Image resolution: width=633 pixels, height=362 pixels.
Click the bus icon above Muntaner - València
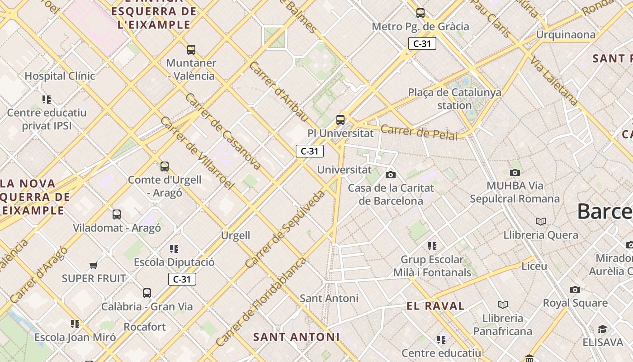point(191,50)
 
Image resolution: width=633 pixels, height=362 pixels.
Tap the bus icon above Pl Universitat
point(340,120)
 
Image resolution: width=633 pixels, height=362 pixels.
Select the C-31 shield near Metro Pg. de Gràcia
point(422,43)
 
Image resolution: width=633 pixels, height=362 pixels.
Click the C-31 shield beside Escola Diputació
point(182,279)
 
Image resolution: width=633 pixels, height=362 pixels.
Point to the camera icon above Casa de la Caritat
point(391,175)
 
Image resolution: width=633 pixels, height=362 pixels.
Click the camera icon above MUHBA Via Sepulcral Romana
point(515,172)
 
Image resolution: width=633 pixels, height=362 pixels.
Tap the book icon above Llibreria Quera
point(540,222)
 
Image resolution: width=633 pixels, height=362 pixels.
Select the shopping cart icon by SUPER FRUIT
point(94,265)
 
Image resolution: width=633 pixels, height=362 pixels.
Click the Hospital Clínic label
point(60,76)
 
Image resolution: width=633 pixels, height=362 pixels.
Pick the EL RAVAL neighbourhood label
point(435,306)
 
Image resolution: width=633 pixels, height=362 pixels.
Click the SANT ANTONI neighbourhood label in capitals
point(296,337)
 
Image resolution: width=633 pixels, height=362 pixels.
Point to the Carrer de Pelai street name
point(419,132)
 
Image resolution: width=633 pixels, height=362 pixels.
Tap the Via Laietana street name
point(554,81)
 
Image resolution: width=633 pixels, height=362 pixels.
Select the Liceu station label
point(534,266)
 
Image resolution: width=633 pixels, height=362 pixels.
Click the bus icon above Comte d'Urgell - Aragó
point(165,167)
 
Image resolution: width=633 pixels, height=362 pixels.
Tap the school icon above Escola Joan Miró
point(75,324)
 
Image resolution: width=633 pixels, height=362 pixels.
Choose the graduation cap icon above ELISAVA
point(602,329)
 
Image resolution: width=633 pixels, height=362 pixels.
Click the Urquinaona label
point(566,34)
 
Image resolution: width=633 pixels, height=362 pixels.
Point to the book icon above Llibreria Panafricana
point(502,305)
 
